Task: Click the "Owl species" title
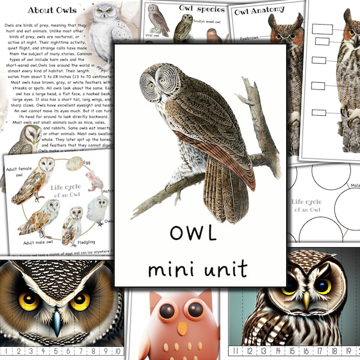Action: point(202,8)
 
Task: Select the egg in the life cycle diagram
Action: point(76,163)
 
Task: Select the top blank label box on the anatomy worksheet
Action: point(322,28)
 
